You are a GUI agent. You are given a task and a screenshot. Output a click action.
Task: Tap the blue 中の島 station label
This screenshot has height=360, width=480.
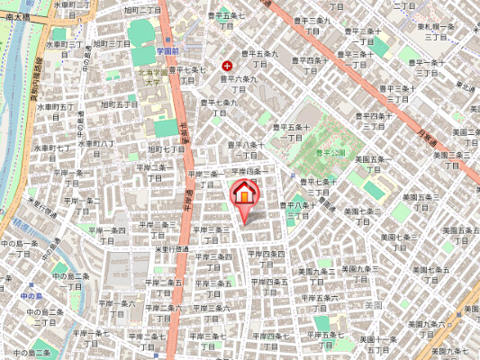tap(32, 295)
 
